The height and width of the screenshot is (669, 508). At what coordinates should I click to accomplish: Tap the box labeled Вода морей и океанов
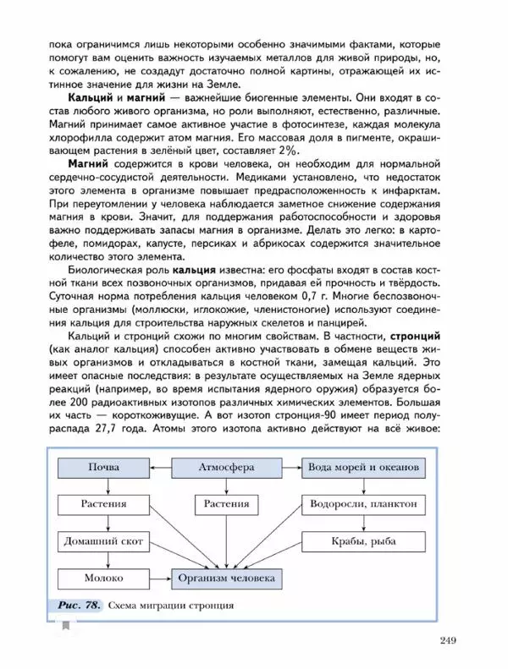coord(366,467)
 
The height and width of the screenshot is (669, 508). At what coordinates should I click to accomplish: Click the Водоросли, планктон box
coord(366,504)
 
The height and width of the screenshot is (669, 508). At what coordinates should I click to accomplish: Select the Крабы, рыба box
coord(366,541)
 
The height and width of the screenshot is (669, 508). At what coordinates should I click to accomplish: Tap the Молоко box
coord(103,579)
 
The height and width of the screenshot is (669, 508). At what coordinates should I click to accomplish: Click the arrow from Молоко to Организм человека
coord(161,579)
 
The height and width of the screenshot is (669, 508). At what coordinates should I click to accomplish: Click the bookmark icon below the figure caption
coord(64,624)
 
